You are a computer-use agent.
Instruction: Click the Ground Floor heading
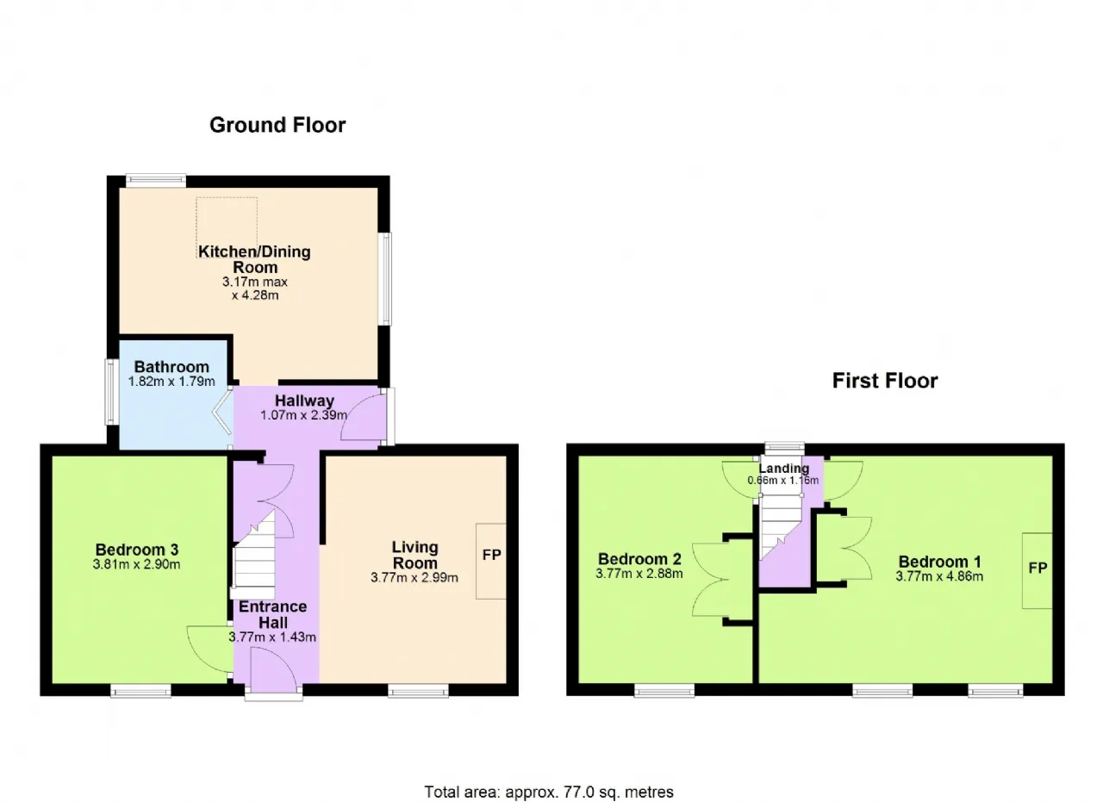277,125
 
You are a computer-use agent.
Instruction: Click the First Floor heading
884,381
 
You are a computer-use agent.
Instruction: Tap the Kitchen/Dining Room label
254,259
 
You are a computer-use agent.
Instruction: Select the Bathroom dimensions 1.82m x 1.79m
171,382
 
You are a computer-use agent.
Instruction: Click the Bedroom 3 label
136,550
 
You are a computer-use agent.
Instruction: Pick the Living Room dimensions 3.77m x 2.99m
414,578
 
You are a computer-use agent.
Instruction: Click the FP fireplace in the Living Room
492,556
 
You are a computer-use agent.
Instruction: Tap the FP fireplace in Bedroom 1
1038,569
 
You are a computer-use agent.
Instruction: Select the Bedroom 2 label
639,557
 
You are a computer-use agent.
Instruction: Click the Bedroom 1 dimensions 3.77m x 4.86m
938,576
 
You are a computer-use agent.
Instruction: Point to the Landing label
783,469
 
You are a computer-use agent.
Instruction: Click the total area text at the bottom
548,791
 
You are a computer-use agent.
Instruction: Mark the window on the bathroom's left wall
111,392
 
